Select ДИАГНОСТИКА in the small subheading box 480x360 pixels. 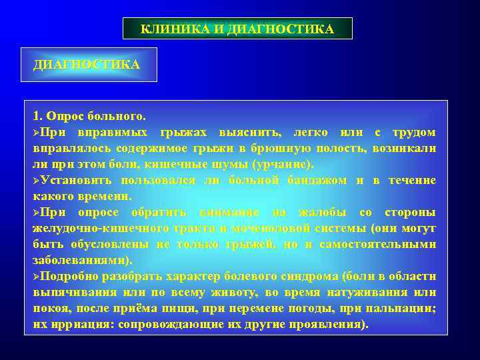87,65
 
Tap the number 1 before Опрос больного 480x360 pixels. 36,115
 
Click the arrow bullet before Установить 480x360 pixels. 37,181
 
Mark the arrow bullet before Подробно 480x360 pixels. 37,277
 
